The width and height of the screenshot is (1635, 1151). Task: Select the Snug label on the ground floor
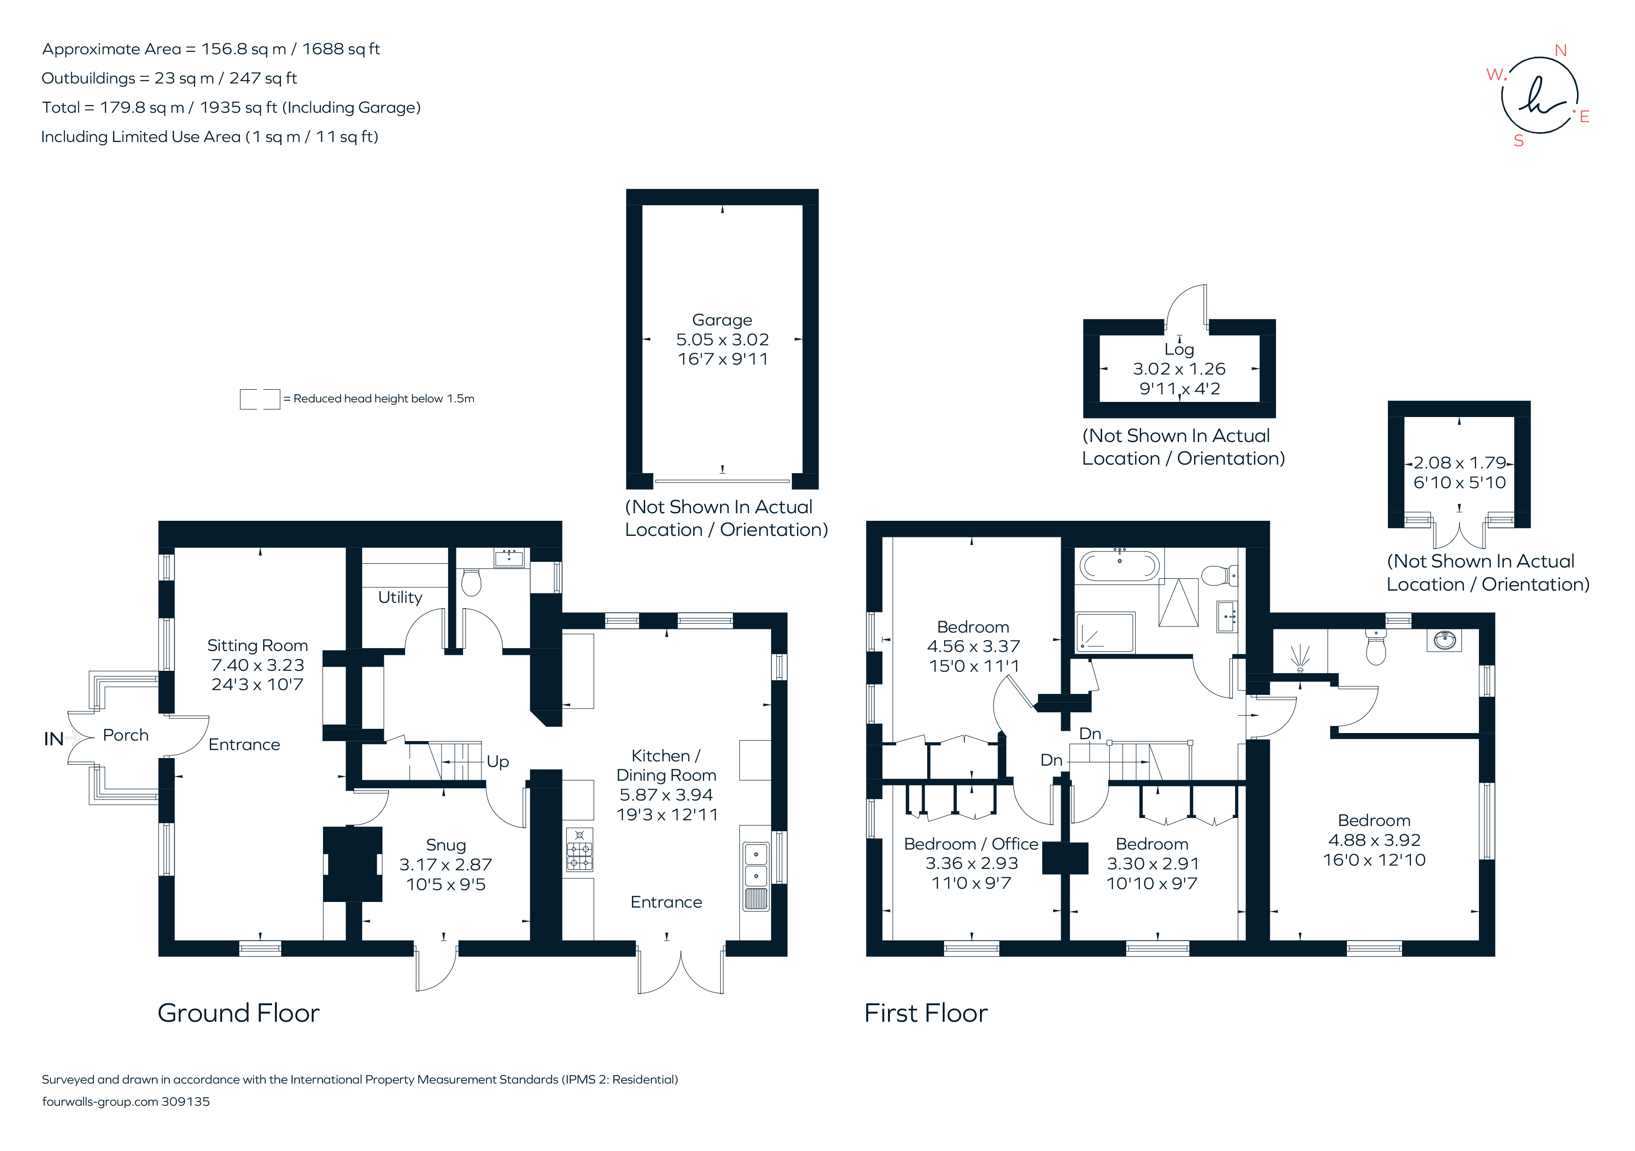(446, 845)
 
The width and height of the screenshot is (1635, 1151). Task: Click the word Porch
(126, 735)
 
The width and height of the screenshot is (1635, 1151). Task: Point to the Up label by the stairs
(498, 762)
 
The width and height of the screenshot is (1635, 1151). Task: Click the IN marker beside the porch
(53, 739)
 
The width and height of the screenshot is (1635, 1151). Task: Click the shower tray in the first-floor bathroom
(1105, 632)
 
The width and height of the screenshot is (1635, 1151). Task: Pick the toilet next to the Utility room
(472, 581)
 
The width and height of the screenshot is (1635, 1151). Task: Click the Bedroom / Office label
(971, 844)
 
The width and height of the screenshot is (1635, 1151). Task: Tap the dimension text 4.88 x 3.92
(1374, 841)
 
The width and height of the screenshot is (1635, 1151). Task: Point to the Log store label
(1179, 350)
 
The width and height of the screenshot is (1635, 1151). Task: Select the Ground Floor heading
(239, 1013)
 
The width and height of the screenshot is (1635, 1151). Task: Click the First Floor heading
(926, 1013)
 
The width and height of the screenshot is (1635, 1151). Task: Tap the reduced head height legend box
(260, 399)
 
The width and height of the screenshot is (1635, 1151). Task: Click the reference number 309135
(186, 1102)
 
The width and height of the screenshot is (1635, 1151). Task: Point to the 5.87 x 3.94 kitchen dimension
(666, 795)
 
